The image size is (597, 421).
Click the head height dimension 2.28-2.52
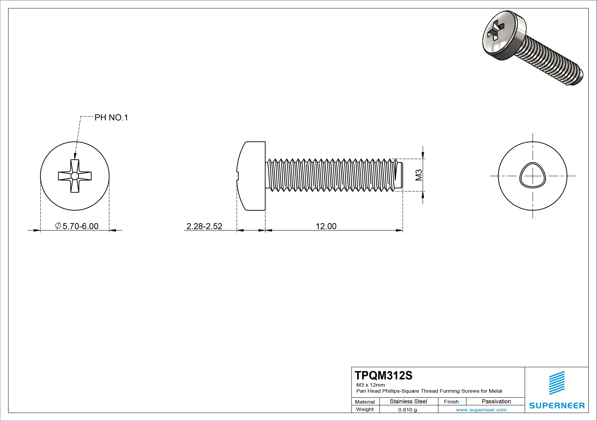coord(204,226)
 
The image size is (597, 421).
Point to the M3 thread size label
coord(419,175)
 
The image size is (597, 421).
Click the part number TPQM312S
coord(383,376)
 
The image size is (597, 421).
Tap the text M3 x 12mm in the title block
coord(371,385)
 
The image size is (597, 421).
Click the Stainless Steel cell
coord(408,401)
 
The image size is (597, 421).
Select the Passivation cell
coord(496,401)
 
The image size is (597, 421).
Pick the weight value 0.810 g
coord(408,410)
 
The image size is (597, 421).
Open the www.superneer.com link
coord(481,410)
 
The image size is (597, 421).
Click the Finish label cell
coord(451,401)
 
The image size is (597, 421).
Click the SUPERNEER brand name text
coord(557,405)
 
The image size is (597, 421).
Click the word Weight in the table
coord(365,409)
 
